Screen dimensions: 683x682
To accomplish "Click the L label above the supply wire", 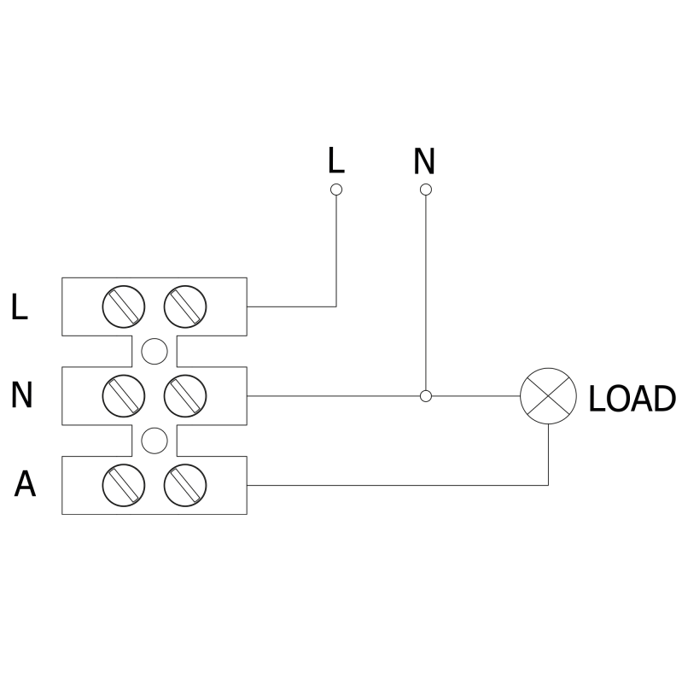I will (336, 160).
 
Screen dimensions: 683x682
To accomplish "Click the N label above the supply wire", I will (424, 160).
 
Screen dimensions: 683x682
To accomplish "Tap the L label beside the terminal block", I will (20, 307).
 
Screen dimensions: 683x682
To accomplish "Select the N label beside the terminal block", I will (22, 395).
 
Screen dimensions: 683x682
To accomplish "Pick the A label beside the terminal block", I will (26, 484).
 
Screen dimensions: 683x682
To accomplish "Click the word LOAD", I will (631, 398).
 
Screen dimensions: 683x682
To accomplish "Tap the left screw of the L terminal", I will (123, 306).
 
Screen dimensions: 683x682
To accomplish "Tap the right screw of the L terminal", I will (185, 306).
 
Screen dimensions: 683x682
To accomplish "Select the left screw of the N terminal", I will (123, 395).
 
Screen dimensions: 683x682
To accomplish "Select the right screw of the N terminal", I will (185, 395).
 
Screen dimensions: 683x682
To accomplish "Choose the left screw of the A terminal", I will (123, 485).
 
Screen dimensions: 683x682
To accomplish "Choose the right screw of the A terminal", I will (185, 485).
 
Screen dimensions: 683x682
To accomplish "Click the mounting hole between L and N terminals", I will (154, 351).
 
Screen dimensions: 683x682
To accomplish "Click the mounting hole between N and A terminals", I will (154, 441).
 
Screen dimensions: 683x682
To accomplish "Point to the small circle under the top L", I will (336, 189).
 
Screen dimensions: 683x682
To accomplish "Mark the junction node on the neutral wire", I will (426, 396).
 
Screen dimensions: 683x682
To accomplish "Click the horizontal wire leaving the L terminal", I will (290, 306).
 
